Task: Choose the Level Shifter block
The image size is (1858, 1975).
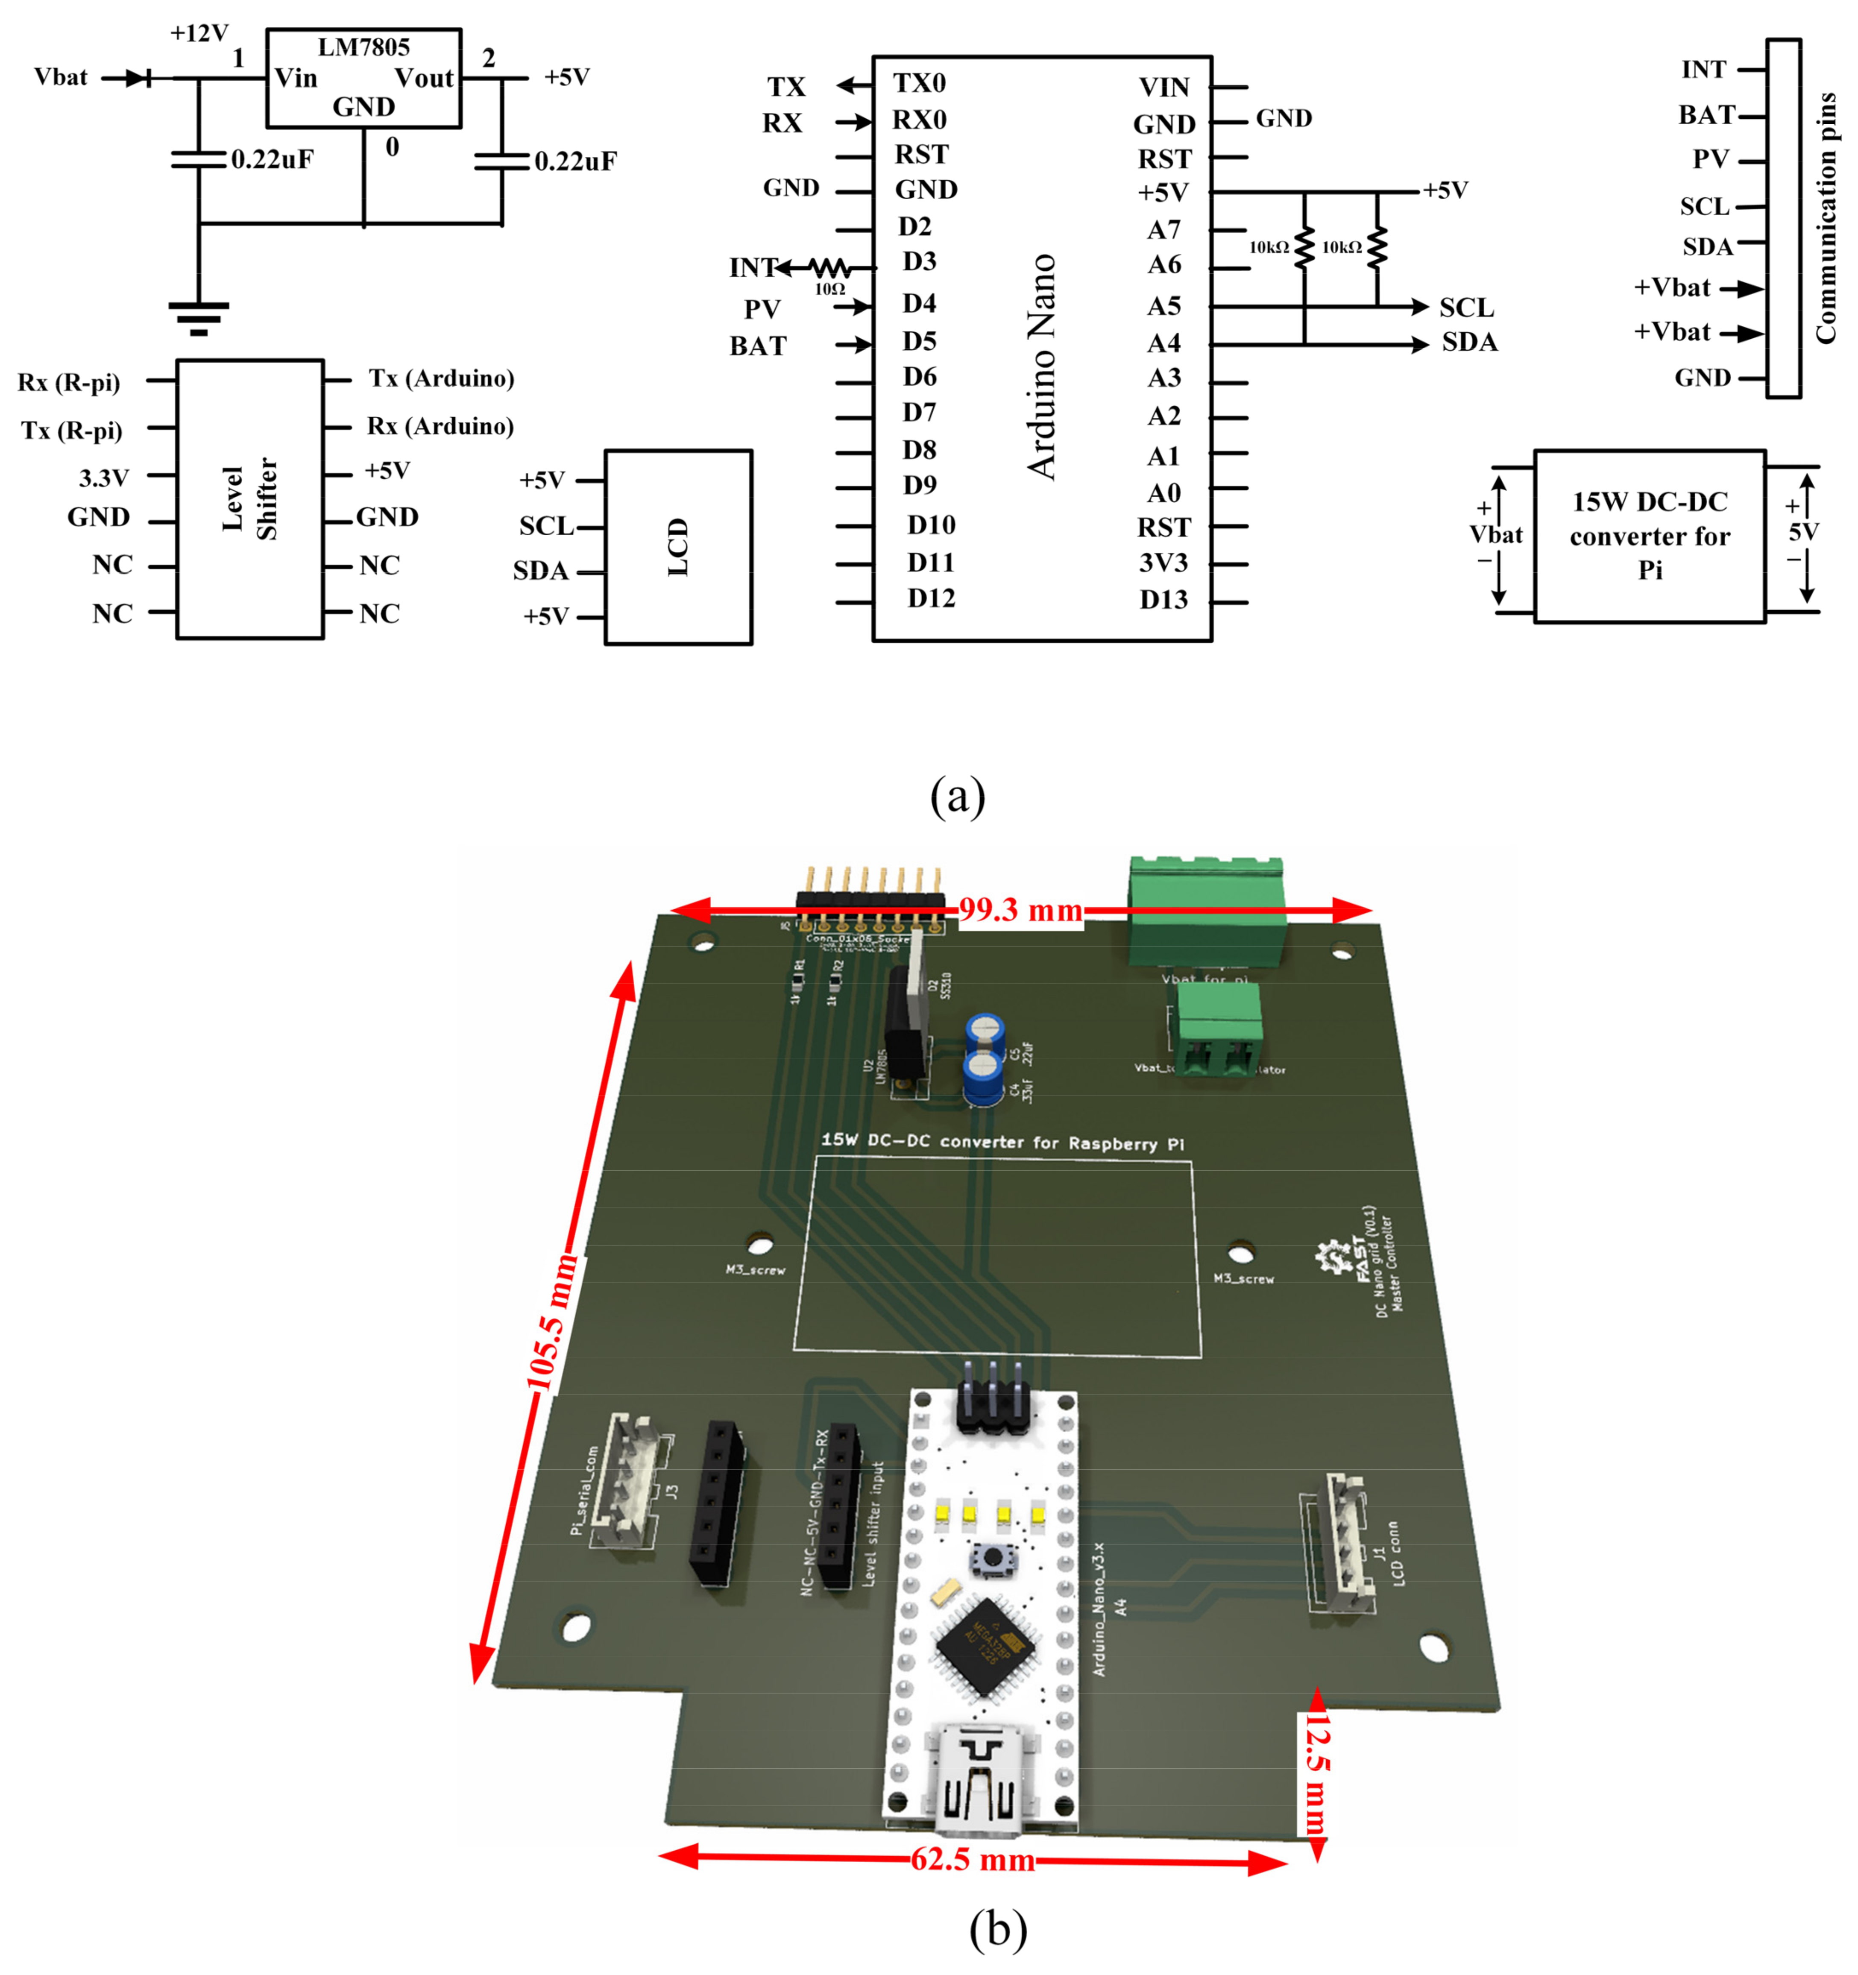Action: tap(249, 499)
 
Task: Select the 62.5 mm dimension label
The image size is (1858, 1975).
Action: tap(973, 1859)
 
